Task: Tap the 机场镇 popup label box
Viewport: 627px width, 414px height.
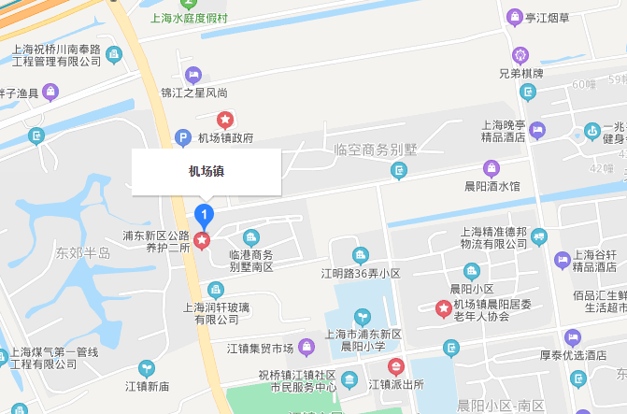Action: [206, 171]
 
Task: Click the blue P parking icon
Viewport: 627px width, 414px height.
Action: [184, 138]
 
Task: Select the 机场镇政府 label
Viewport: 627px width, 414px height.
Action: [225, 138]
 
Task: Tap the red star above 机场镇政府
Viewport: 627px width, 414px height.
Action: [225, 119]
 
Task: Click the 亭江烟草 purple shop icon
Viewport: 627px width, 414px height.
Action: [513, 17]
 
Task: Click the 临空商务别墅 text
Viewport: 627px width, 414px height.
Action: [374, 150]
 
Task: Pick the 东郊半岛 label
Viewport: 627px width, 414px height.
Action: [83, 253]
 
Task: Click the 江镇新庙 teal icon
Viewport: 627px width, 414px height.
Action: [146, 368]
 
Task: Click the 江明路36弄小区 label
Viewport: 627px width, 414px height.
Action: [361, 274]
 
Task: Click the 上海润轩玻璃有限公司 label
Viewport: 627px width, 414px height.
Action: [217, 312]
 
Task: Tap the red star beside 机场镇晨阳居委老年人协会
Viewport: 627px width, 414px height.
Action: [444, 307]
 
